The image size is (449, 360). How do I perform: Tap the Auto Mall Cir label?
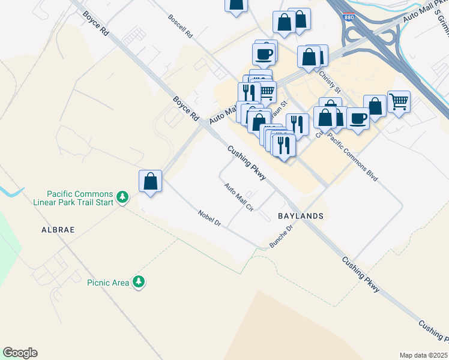pyautogui.click(x=238, y=197)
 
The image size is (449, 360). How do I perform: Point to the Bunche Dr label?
pyautogui.click(x=281, y=237)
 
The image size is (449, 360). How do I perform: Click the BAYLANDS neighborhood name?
pyautogui.click(x=301, y=216)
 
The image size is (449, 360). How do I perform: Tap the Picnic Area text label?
pyautogui.click(x=108, y=283)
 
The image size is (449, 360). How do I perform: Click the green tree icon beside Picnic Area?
pyautogui.click(x=139, y=281)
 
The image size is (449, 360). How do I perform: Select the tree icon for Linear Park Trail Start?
pyautogui.click(x=122, y=197)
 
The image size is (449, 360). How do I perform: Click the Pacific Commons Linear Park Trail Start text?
pyautogui.click(x=80, y=199)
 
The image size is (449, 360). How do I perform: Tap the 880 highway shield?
pyautogui.click(x=348, y=18)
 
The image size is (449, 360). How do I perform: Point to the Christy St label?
pyautogui.click(x=330, y=81)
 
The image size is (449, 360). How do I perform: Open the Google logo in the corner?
pyautogui.click(x=20, y=353)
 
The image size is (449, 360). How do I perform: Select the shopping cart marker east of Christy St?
pyautogui.click(x=399, y=101)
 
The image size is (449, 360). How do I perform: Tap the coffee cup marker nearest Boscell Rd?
pyautogui.click(x=265, y=54)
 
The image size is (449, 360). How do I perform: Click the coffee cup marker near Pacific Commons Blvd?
pyautogui.click(x=358, y=118)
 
